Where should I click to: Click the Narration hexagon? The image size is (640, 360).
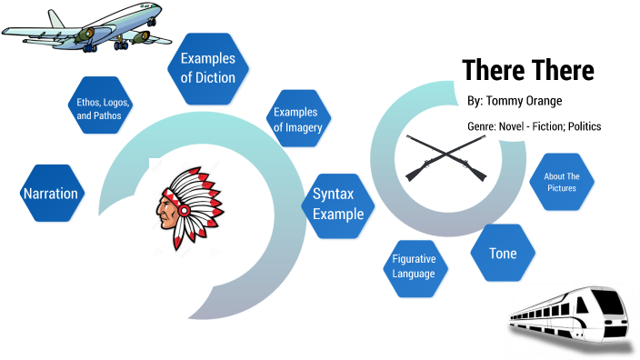pyautogui.click(x=51, y=194)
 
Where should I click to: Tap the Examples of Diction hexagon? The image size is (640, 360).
pyautogui.click(x=207, y=68)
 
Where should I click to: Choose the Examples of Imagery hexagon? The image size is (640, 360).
pyautogui.click(x=297, y=120)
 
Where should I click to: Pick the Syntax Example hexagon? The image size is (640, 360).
pyautogui.click(x=338, y=205)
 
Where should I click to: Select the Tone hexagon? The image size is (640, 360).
pyautogui.click(x=503, y=254)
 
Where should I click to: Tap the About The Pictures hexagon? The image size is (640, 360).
pyautogui.click(x=561, y=182)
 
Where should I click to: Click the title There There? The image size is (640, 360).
pyautogui.click(x=527, y=70)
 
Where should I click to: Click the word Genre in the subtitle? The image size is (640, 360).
pyautogui.click(x=482, y=126)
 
